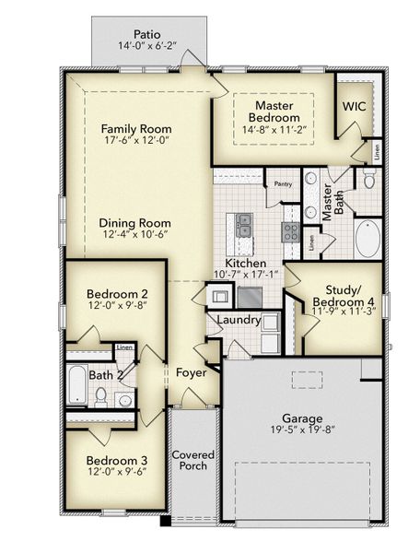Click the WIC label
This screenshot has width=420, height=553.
click(x=354, y=107)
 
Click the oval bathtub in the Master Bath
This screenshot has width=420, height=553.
click(x=368, y=237)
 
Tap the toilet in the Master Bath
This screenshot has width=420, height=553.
click(x=368, y=180)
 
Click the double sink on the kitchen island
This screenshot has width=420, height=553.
click(x=245, y=221)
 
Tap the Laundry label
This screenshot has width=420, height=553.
click(x=238, y=320)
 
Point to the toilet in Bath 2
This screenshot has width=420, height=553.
click(x=101, y=395)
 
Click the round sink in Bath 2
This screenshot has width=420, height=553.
click(x=123, y=398)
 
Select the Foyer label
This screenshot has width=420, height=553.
click(x=192, y=372)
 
